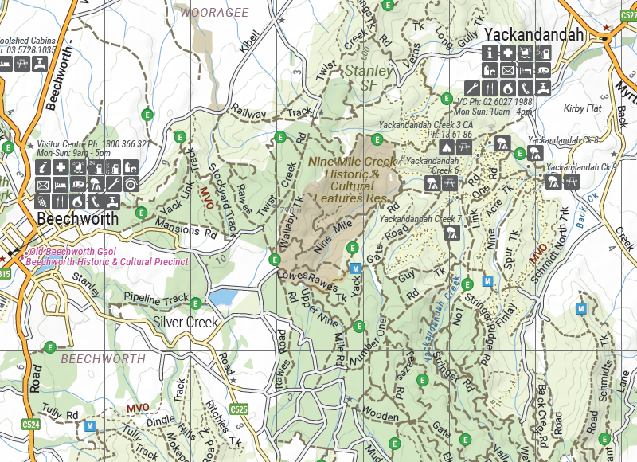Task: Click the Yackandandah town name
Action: pyautogui.click(x=534, y=35)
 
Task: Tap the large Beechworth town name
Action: pyautogui.click(x=77, y=218)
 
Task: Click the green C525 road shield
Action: pyautogui.click(x=239, y=409)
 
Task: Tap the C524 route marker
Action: pyautogui.click(x=31, y=425)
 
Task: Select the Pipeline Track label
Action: pyautogui.click(x=156, y=300)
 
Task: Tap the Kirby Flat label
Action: pyautogui.click(x=582, y=108)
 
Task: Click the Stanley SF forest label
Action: pyautogui.click(x=368, y=77)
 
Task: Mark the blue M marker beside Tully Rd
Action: pyautogui.click(x=91, y=426)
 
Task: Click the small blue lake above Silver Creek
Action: pyautogui.click(x=224, y=297)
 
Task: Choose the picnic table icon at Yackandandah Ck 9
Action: pyautogui.click(x=572, y=182)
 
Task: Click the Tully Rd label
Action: pyautogui.click(x=62, y=414)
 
